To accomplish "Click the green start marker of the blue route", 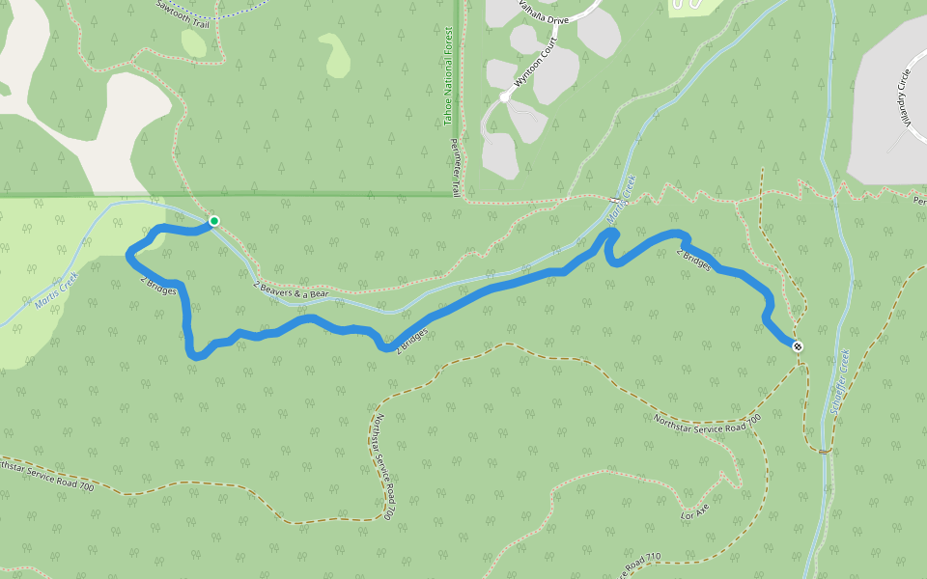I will (x=214, y=221).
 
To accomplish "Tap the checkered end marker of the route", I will (x=798, y=345).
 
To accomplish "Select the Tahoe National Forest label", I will (x=447, y=89).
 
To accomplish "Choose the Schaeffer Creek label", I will (x=838, y=382).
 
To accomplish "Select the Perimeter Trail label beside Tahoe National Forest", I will (x=457, y=163).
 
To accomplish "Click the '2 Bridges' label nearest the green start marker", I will (x=158, y=287).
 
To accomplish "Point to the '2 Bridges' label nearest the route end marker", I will (x=693, y=260).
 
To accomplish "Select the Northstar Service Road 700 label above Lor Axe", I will (x=707, y=422).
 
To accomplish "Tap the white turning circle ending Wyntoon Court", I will (x=504, y=97).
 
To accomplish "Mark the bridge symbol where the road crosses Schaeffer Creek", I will (x=824, y=451).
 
